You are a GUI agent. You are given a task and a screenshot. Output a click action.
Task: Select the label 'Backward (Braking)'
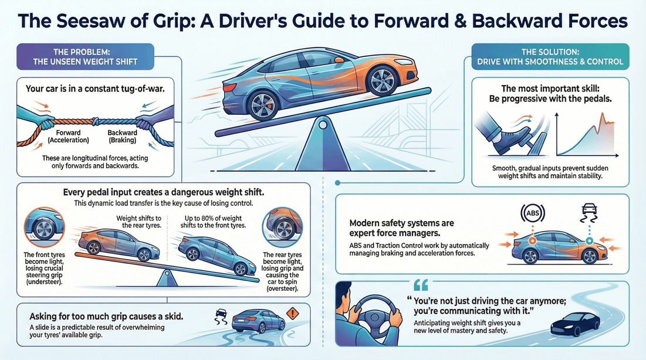[123, 137]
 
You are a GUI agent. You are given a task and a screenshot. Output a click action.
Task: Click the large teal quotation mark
[421, 286]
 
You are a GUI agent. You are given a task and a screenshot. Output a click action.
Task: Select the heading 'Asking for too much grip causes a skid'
[105, 317]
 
